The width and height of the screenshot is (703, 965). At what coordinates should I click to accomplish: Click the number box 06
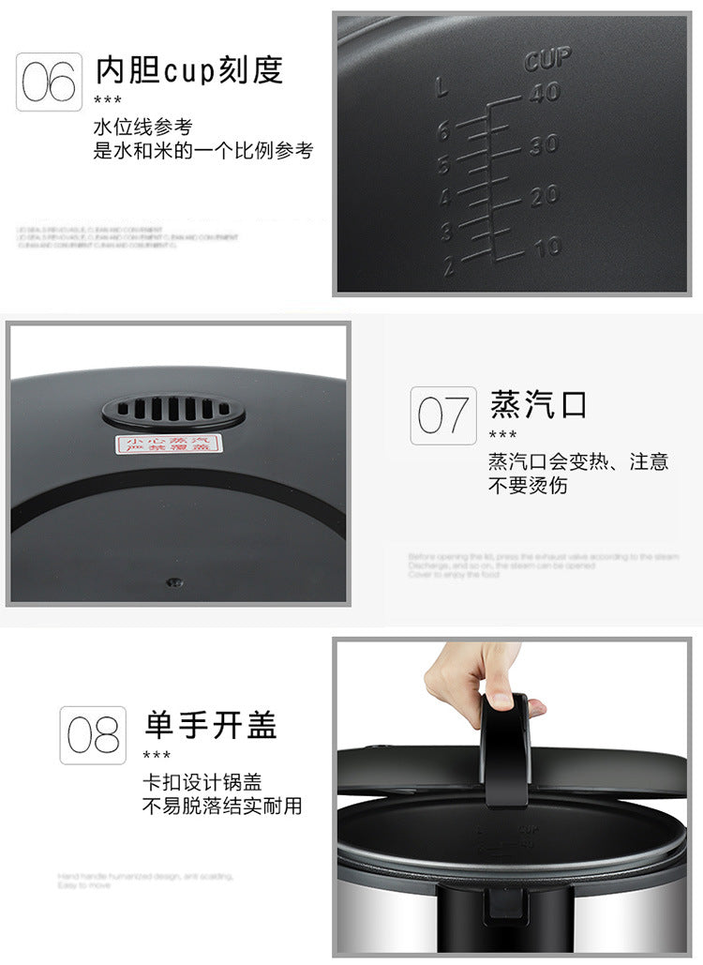pos(49,82)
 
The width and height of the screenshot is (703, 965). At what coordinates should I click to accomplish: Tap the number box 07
pos(442,415)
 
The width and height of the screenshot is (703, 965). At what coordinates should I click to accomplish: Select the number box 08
pos(93,734)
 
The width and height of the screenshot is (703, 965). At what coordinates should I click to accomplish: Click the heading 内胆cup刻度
pos(188,69)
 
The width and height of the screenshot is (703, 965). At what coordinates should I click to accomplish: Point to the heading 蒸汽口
pos(539,404)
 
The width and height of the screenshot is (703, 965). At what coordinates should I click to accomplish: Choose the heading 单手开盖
pos(211,724)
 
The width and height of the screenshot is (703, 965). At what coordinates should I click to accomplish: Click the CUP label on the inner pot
pos(547,59)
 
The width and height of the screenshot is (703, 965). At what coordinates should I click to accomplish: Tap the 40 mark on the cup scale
pos(544,92)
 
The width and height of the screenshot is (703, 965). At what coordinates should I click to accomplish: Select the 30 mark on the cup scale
pos(542,144)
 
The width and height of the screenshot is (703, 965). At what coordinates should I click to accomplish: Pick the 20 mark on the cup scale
pos(544,195)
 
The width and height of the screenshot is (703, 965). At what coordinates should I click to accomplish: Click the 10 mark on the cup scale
pos(546,247)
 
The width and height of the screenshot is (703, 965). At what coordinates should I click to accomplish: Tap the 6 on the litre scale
pos(445,130)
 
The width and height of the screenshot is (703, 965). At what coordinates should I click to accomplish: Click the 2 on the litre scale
pos(448,266)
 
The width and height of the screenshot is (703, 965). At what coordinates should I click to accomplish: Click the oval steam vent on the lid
pos(173,411)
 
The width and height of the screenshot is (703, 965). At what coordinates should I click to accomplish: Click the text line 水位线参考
pos(142,127)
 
